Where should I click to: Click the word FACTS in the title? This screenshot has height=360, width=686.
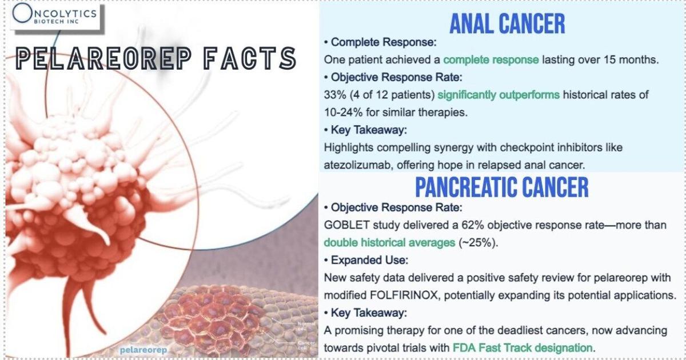(x=250, y=58)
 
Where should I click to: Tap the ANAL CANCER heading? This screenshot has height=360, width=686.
(x=507, y=24)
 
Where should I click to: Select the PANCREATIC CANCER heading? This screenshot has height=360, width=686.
(x=502, y=187)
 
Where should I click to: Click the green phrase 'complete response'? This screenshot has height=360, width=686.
(x=491, y=59)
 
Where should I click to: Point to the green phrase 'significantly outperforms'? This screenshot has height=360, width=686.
(x=498, y=95)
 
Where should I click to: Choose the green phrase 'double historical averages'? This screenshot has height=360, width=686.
(x=389, y=242)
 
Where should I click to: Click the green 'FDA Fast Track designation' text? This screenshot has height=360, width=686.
(x=523, y=348)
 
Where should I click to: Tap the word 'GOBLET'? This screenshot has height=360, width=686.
(x=346, y=225)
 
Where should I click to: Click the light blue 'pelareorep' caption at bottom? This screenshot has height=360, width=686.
(x=143, y=350)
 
